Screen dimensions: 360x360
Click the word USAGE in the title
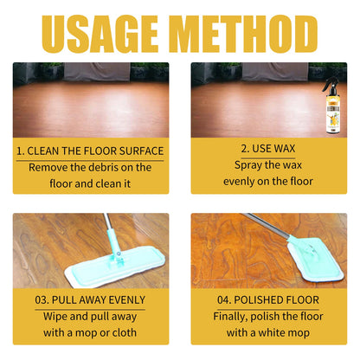point(100,34)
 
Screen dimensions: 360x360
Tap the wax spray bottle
point(333,106)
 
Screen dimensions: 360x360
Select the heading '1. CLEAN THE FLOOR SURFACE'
point(90,151)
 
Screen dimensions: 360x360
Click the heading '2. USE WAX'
point(268,149)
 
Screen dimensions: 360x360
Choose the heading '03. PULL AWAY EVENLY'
point(90,300)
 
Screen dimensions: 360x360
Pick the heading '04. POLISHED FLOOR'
point(268,300)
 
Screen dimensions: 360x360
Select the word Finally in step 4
point(230,317)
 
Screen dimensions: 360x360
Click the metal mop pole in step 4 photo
point(267,226)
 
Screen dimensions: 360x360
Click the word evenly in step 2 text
point(238,182)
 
